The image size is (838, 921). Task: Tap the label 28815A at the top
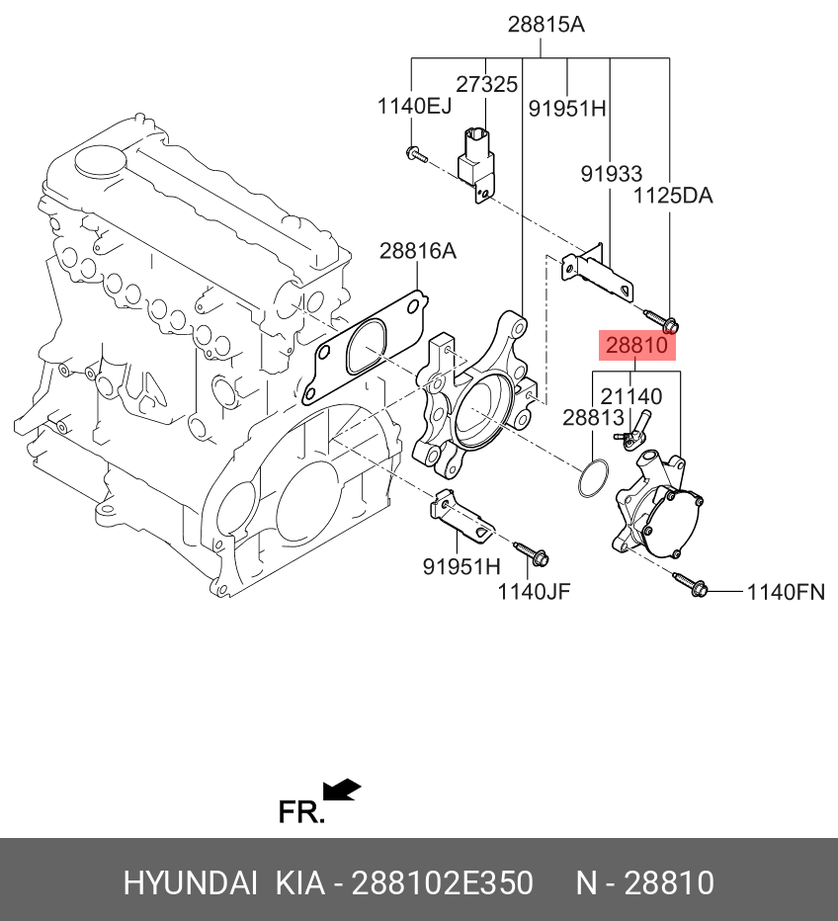(545, 25)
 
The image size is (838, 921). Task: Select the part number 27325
(486, 86)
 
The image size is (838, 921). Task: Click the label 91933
(611, 174)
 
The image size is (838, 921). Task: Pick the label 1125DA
(672, 196)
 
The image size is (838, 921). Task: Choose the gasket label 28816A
(417, 252)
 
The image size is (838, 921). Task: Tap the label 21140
(631, 397)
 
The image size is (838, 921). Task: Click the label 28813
(593, 418)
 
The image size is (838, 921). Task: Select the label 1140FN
(785, 593)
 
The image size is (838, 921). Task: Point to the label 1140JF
(533, 592)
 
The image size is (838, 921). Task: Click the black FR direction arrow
(342, 791)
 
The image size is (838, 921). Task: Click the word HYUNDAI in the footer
(191, 882)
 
